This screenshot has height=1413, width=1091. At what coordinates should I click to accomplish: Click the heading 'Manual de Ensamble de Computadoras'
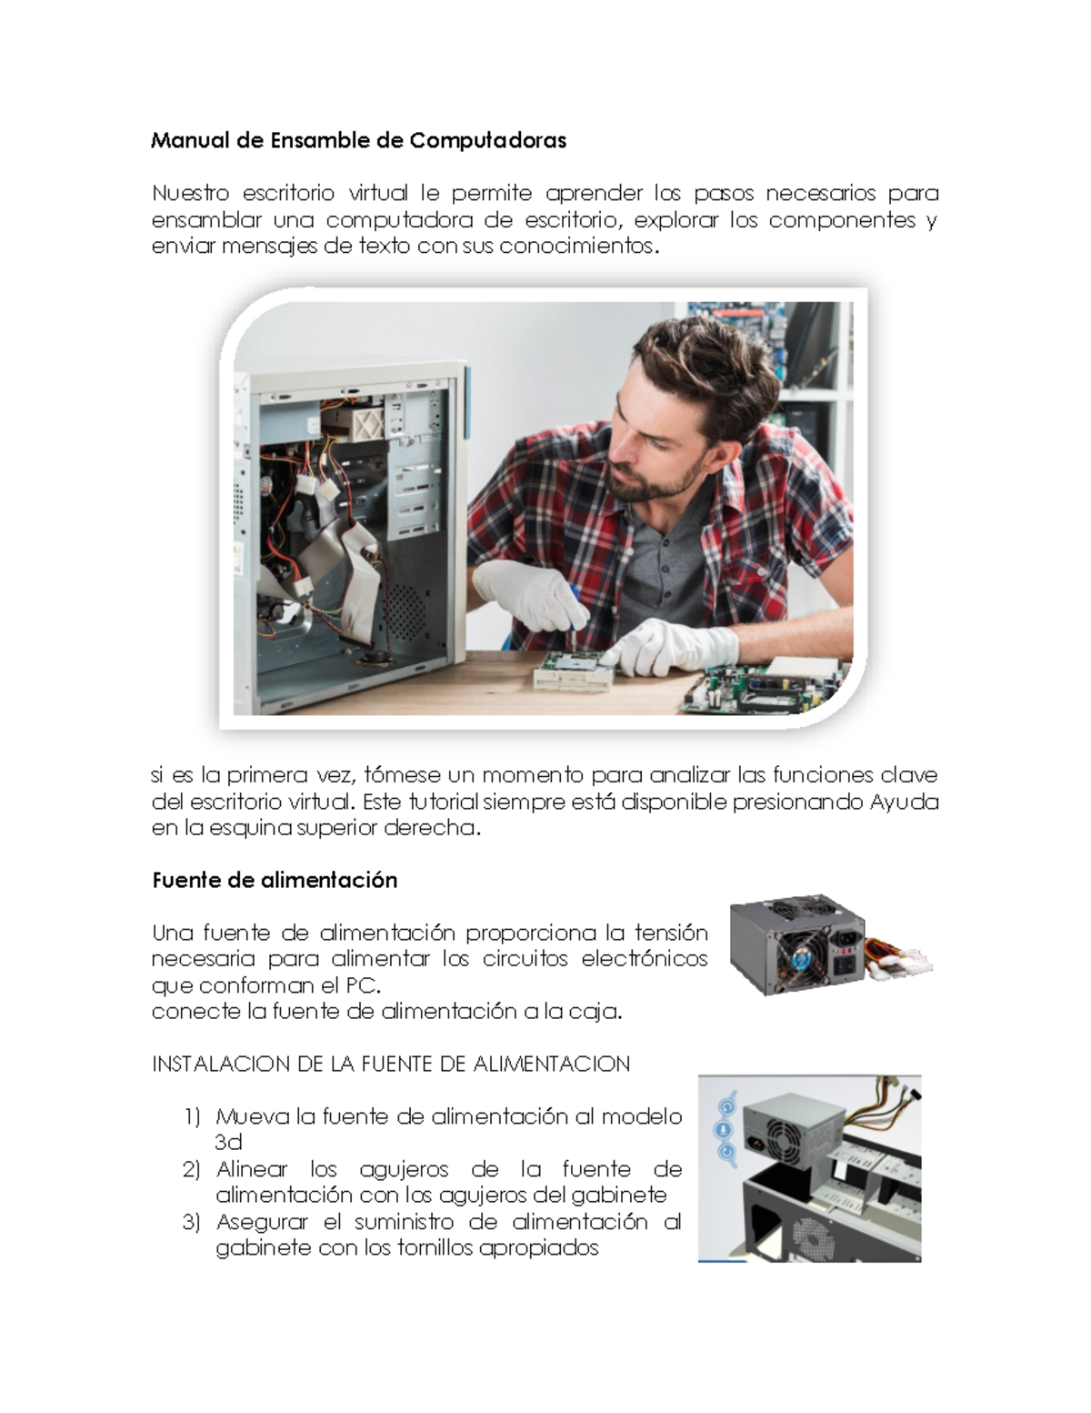click(x=358, y=140)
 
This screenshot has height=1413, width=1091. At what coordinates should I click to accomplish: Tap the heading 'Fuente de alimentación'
click(x=275, y=880)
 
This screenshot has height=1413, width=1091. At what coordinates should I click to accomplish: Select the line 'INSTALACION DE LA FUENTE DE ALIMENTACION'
click(x=391, y=1064)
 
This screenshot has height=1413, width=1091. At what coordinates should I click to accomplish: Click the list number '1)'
click(x=191, y=1116)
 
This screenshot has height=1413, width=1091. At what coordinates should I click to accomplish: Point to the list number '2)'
click(x=191, y=1169)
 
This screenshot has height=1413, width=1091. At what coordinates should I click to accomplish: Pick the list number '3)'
click(x=191, y=1222)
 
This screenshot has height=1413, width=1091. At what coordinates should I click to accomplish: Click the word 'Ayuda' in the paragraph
click(x=904, y=802)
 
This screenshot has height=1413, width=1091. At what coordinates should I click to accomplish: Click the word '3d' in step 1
click(x=228, y=1143)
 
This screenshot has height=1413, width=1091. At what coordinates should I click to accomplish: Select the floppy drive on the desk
click(x=573, y=671)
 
